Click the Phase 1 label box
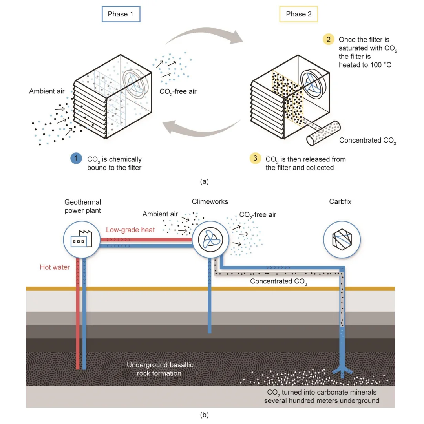[x=121, y=14]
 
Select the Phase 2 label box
[x=299, y=14]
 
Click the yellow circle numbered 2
[x=328, y=39]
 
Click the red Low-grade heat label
[x=130, y=230]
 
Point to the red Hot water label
[x=55, y=267]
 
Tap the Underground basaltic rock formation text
[x=160, y=369]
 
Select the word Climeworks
[x=210, y=202]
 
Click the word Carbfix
[x=341, y=202]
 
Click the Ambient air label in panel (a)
[x=47, y=91]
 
